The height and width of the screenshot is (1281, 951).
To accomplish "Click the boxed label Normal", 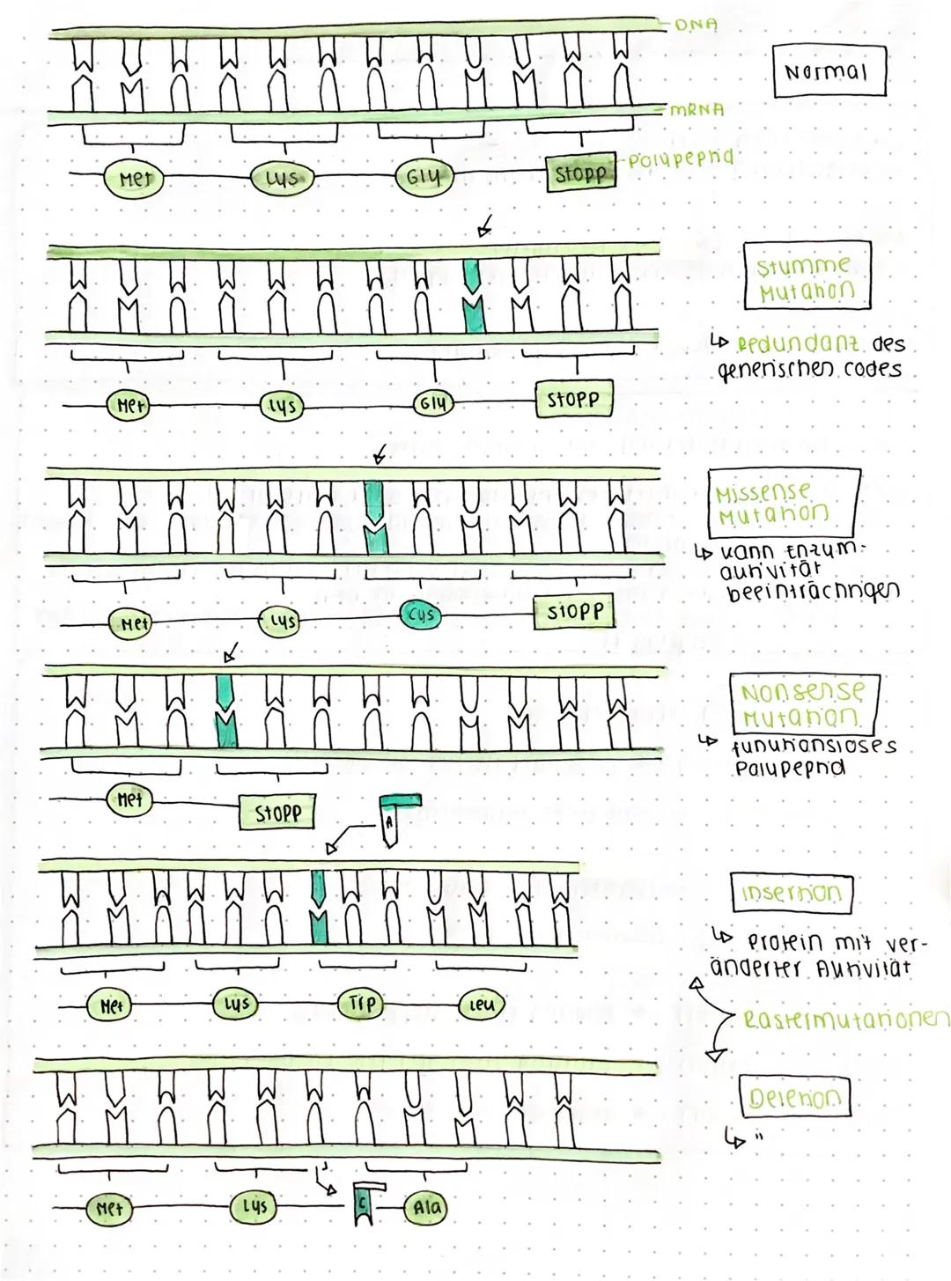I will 829,71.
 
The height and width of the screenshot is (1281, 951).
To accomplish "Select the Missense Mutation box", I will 782,500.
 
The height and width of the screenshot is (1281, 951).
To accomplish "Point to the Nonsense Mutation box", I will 803,701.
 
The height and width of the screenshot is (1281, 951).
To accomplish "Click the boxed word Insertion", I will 792,893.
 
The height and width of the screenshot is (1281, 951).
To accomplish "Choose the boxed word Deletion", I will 794,1097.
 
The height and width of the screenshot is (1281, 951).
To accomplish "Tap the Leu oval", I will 482,1004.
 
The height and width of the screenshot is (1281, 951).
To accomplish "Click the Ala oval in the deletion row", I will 424,1208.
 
